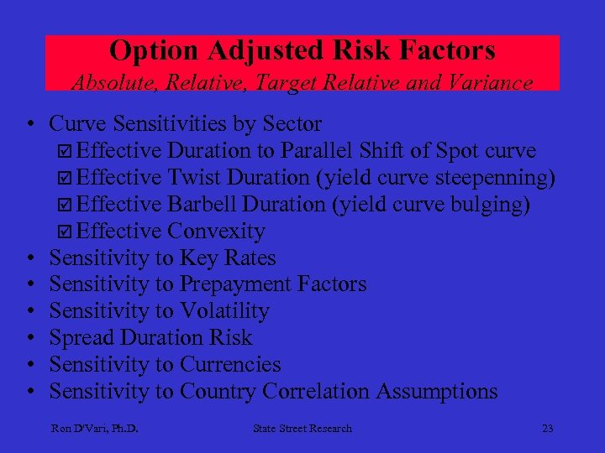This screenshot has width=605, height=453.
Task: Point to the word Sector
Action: point(292,124)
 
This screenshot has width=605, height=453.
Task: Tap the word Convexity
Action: point(216,232)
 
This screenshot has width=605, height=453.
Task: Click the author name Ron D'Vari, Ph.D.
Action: point(94,429)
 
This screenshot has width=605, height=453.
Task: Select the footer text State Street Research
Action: point(302,429)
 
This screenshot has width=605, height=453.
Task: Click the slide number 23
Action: point(547,429)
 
